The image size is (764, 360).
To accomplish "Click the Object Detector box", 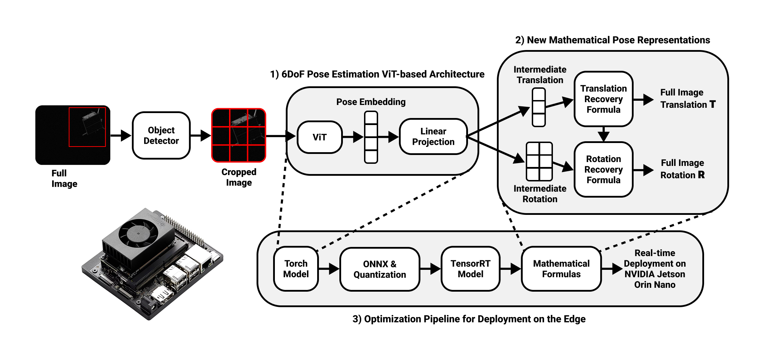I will [161, 136].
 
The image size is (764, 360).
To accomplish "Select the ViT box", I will [320, 137].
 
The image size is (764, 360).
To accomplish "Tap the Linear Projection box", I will [433, 136].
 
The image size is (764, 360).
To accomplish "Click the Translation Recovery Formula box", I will [603, 99].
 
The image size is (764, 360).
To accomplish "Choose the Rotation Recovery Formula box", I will [603, 169].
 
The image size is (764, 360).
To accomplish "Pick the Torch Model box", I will [296, 269].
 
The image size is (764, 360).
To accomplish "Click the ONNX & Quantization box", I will [380, 269].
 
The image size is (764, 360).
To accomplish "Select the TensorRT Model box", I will [470, 269].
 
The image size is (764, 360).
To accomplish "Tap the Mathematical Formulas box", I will [561, 269].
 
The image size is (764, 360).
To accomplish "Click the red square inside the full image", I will [87, 127].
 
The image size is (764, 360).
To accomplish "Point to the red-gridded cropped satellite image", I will [239, 135].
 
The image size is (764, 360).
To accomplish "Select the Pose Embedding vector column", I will [371, 137].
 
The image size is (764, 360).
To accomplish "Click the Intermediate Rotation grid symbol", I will [539, 161].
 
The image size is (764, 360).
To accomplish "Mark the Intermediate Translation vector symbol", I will [538, 107].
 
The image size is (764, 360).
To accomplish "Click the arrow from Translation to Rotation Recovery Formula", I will [603, 134].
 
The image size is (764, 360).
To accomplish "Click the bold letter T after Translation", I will [713, 104].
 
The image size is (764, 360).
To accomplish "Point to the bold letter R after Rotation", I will [701, 175].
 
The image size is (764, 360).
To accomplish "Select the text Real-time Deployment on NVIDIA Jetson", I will [654, 269].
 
